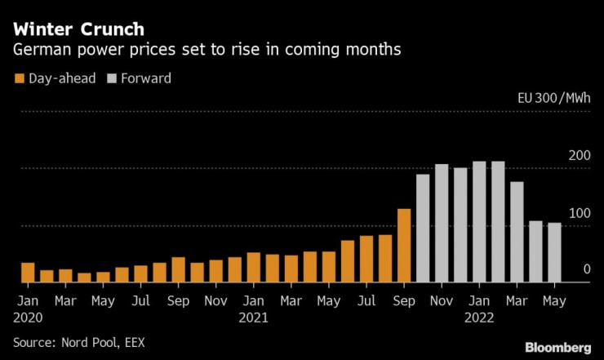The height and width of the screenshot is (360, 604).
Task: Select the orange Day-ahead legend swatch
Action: [19, 79]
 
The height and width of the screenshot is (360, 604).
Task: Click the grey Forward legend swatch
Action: [113, 79]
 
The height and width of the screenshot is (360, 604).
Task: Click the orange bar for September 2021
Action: [403, 246]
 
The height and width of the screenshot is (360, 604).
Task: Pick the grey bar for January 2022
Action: [479, 222]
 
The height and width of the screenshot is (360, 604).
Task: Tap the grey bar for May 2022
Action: [554, 252]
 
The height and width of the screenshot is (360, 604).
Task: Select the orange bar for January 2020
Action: [28, 273]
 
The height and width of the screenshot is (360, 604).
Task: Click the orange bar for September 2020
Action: [178, 269]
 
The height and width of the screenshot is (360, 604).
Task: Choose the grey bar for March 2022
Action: [517, 232]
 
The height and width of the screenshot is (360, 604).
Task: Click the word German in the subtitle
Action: [39, 51]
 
